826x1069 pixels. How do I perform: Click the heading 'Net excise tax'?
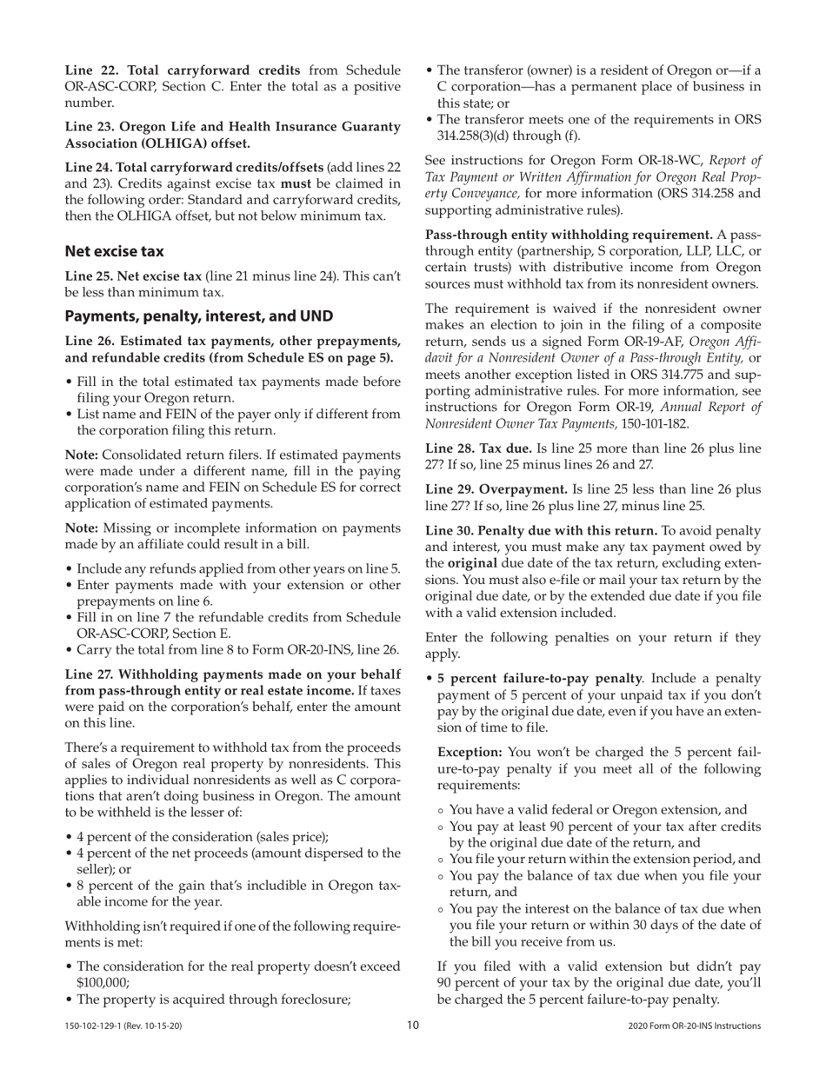point(114,251)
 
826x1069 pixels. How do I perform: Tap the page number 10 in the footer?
point(413,1026)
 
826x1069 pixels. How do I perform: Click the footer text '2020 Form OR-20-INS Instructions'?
point(694,1026)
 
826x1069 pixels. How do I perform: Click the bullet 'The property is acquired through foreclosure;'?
point(213,999)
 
